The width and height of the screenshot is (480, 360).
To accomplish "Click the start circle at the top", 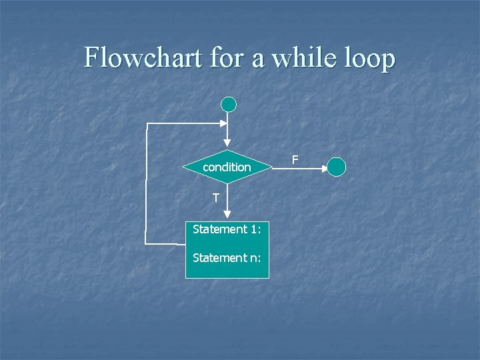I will click(x=229, y=104).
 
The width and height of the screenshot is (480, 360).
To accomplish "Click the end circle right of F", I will click(x=337, y=167).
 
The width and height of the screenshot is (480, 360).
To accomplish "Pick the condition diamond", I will click(x=227, y=167).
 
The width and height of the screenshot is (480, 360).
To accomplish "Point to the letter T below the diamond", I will click(x=216, y=197).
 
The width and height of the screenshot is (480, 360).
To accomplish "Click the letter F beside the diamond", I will click(x=295, y=159).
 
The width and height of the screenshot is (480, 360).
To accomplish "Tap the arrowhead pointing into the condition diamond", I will click(x=227, y=142).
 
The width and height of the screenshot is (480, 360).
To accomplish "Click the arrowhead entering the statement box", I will click(x=227, y=214).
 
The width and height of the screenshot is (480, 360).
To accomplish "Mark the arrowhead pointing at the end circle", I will click(x=324, y=169).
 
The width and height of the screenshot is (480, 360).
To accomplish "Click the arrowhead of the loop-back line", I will click(x=223, y=123).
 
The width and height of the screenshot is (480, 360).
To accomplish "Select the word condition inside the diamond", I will click(x=227, y=167).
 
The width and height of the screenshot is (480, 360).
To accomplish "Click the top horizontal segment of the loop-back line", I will click(x=183, y=123).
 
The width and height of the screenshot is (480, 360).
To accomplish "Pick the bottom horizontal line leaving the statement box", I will click(x=165, y=244).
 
